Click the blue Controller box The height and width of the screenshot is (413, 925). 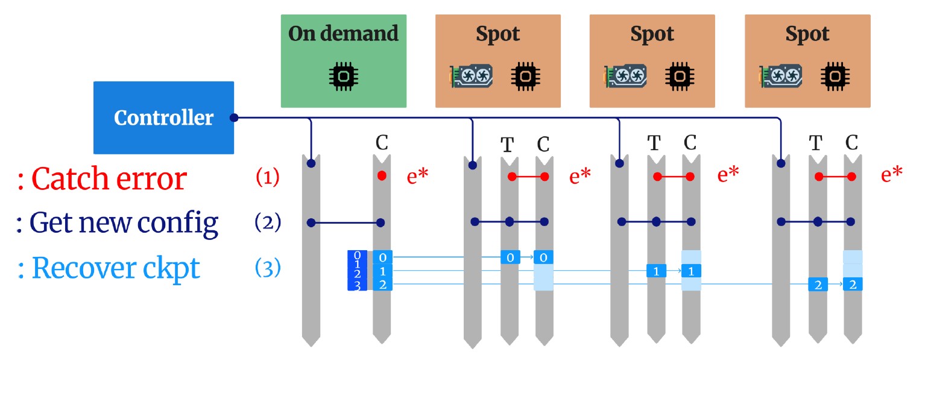click(163, 118)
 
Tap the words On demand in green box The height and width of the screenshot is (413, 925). click(343, 34)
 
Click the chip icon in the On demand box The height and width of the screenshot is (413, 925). click(343, 75)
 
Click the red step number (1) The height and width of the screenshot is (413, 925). click(267, 178)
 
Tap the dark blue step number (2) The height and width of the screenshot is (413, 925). click(267, 222)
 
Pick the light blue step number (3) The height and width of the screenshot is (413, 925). click(267, 268)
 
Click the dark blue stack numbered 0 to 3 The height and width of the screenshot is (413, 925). click(357, 271)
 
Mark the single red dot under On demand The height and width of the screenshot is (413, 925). click(382, 176)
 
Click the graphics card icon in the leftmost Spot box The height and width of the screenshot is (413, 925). click(472, 75)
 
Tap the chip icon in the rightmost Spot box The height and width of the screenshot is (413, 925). click(835, 75)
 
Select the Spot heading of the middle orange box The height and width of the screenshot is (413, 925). click(652, 34)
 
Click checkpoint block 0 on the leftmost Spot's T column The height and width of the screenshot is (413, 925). click(510, 257)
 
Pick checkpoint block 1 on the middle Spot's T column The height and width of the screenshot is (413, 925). click(656, 271)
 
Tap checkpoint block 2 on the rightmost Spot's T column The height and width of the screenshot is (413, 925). click(818, 285)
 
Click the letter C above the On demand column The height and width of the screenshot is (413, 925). click(382, 143)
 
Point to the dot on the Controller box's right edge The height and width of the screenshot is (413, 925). click(234, 118)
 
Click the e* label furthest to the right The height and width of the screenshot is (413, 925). click(892, 175)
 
